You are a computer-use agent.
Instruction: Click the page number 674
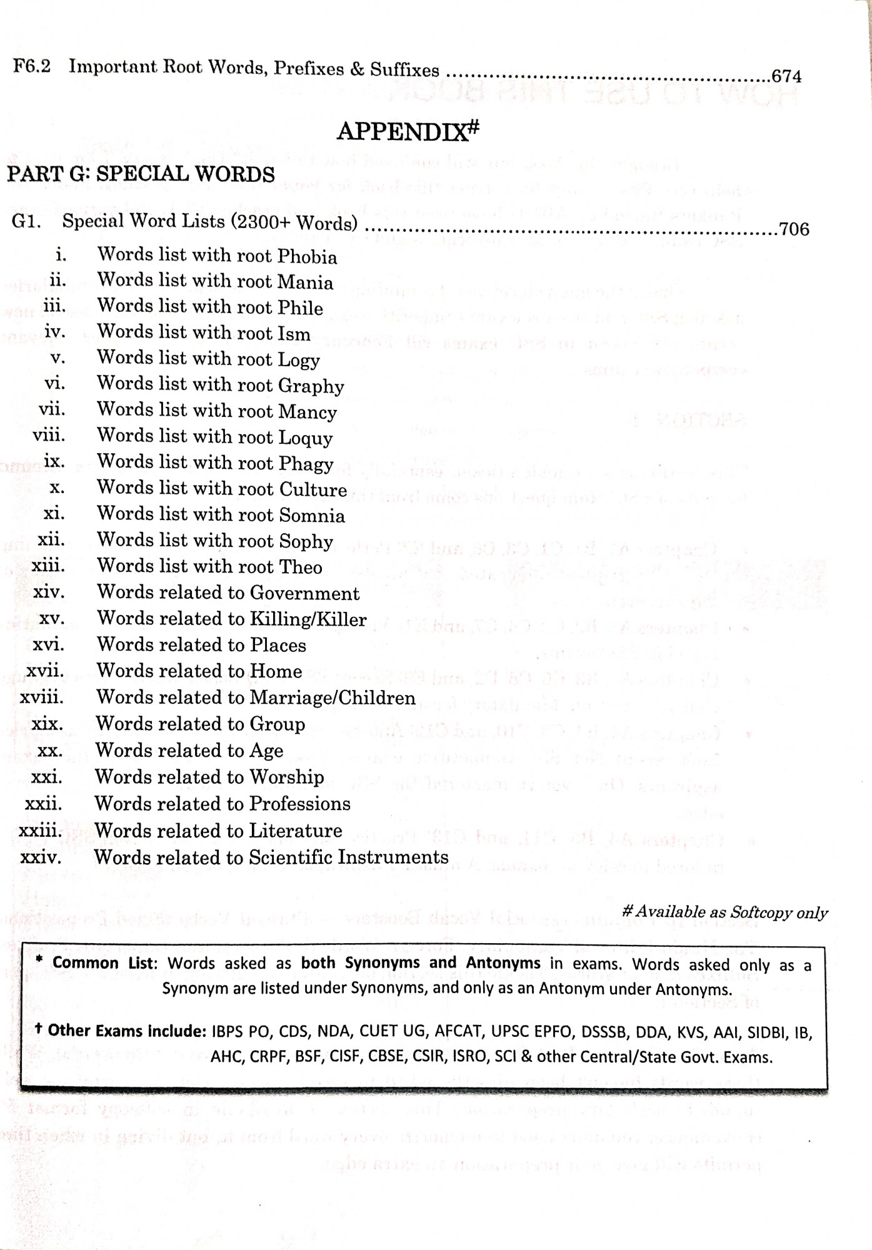786,76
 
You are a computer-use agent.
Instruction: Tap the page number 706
793,229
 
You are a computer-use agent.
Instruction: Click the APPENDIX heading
408,131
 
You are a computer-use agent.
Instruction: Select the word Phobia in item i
307,256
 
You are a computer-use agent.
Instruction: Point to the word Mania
305,282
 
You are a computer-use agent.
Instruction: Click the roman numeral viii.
49,434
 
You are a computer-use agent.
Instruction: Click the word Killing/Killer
308,619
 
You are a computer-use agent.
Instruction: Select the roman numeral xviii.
41,697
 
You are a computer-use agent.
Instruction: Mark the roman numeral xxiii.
41,831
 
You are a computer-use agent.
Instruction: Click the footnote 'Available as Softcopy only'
725,912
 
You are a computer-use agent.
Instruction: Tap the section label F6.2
32,66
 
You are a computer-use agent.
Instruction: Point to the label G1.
27,222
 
